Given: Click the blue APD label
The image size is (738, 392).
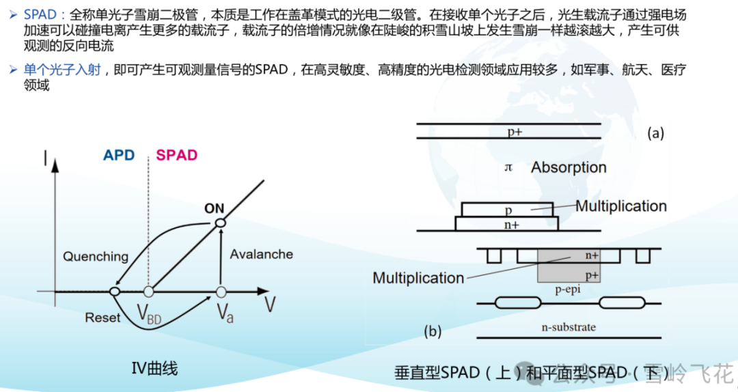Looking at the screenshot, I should click(x=119, y=155).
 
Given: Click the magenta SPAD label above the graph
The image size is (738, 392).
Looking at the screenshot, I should click(x=176, y=155).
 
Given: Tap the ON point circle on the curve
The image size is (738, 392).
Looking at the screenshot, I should click(x=220, y=223).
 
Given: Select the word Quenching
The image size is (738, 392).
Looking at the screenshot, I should click(x=96, y=257).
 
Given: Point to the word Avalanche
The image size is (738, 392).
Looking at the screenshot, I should click(x=262, y=254).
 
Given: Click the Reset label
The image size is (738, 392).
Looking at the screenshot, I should click(x=102, y=318).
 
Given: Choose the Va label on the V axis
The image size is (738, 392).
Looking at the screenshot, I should click(x=225, y=313).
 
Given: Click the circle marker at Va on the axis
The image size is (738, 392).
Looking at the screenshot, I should click(x=221, y=292).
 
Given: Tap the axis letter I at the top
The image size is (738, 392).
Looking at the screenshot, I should click(x=45, y=160).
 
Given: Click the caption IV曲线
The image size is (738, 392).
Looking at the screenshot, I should click(x=154, y=369).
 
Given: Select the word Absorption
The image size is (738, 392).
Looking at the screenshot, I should click(x=569, y=167).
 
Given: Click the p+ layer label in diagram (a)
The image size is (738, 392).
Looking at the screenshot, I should click(x=515, y=132).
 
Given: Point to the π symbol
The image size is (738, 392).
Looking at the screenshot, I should click(x=508, y=167).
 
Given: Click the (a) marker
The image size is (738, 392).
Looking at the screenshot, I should click(x=655, y=134).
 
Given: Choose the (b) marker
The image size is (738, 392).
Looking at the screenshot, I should click(x=432, y=332).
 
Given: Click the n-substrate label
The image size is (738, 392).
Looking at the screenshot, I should click(x=569, y=327).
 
